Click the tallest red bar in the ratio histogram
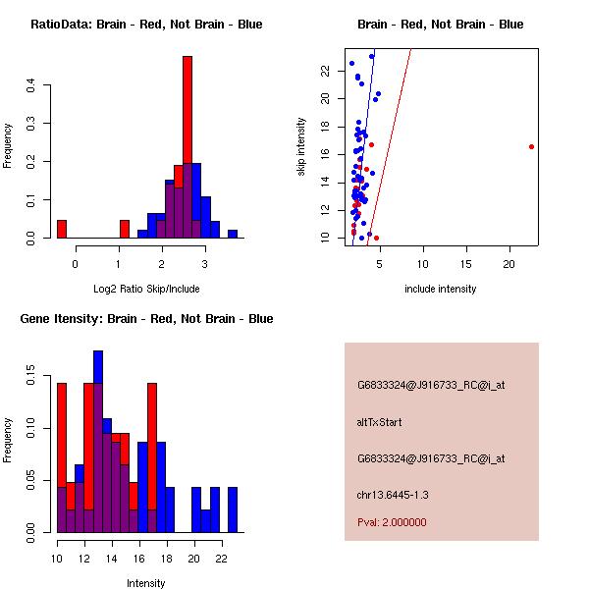point(187,147)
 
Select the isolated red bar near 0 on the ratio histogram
point(62,229)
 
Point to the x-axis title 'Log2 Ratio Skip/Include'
point(145,289)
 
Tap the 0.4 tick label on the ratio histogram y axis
point(31,85)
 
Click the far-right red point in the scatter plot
point(531,146)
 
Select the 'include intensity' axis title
point(440,289)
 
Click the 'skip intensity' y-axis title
point(301,147)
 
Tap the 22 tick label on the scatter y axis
point(326,70)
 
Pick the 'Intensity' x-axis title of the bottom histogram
point(145,583)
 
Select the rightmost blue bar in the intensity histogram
point(233,509)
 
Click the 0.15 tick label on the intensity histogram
point(31,374)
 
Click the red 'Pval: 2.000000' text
point(392,522)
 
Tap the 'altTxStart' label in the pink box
point(380,422)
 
